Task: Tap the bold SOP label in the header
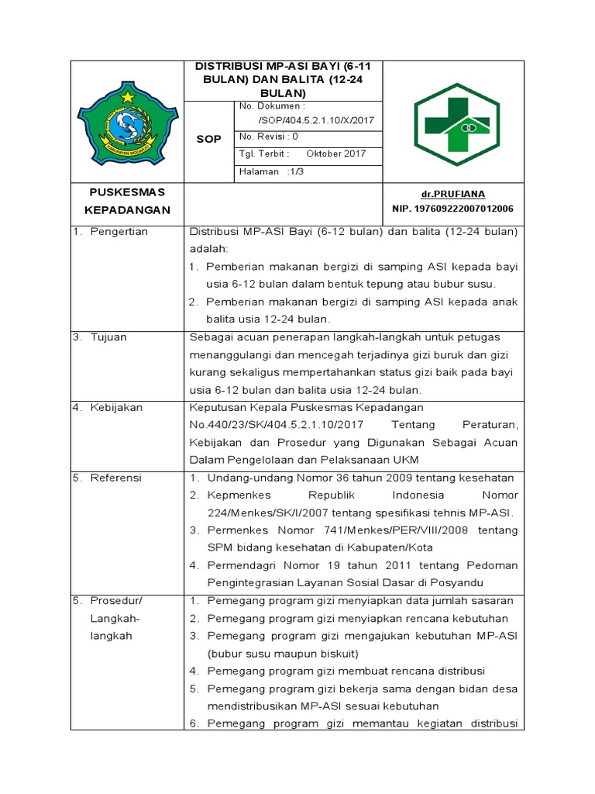pyautogui.click(x=209, y=140)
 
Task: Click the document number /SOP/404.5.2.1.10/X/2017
pyautogui.click(x=308, y=121)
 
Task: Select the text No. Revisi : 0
pyautogui.click(x=270, y=136)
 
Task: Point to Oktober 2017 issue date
pyautogui.click(x=336, y=154)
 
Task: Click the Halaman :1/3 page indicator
pyautogui.click(x=272, y=171)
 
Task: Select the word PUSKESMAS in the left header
pyautogui.click(x=126, y=192)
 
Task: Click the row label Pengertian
pyautogui.click(x=119, y=231)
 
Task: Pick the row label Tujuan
pyautogui.click(x=108, y=337)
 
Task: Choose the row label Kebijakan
pyautogui.click(x=116, y=407)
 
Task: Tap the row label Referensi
pyautogui.click(x=116, y=478)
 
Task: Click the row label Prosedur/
pyautogui.click(x=117, y=601)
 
